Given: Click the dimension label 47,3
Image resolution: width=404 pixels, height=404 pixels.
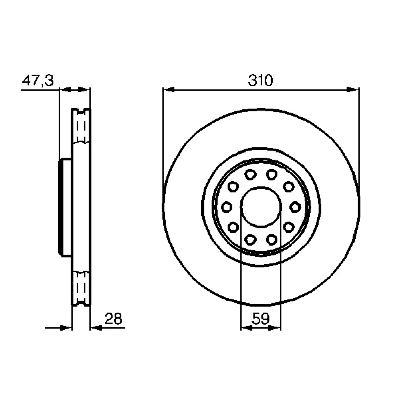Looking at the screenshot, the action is (37, 80).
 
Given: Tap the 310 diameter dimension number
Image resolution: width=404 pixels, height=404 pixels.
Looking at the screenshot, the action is (260, 80).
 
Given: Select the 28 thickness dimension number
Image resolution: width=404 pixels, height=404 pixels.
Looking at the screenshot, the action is (113, 319).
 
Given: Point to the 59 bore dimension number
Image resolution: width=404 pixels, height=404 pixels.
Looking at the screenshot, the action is (261, 319).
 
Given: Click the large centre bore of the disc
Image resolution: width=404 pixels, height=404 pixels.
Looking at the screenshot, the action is (261, 207).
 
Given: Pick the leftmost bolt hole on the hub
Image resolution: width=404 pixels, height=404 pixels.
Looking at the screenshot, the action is (227, 207).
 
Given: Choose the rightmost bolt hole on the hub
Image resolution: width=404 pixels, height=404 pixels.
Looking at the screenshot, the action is (295, 207).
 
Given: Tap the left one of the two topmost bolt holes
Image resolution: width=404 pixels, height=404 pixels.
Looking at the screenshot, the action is (250, 175).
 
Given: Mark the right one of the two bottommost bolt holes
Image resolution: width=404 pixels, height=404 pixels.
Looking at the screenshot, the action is (272, 240).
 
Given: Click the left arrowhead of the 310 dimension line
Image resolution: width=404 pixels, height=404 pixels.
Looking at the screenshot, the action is (169, 90).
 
